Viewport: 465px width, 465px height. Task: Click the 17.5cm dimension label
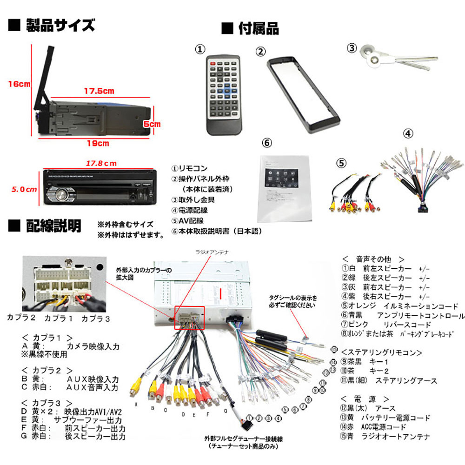coord(99,91)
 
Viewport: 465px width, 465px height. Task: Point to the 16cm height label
coord(18,84)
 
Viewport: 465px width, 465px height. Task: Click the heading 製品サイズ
coord(60,25)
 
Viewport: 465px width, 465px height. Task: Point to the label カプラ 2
coord(21,319)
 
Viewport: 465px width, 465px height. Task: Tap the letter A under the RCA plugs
coord(136,405)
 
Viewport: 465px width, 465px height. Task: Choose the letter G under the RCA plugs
coord(225,411)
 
